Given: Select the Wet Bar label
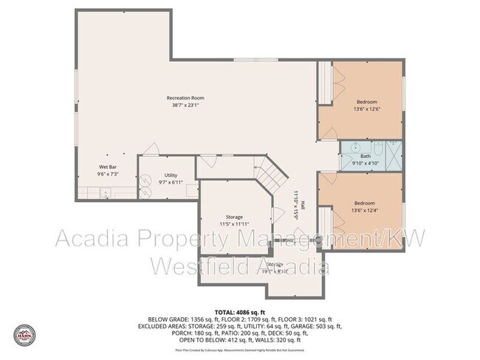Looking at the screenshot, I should (108, 167).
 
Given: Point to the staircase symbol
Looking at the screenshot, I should (272, 173).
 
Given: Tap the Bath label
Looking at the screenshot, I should (366, 156).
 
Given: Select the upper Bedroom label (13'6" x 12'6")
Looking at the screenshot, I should (367, 102).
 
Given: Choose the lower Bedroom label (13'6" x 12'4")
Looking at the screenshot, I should (365, 203).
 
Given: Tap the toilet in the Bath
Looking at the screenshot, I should (375, 145).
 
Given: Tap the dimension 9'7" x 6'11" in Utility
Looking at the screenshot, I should (169, 182).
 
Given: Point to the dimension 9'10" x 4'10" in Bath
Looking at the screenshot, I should (366, 163).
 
